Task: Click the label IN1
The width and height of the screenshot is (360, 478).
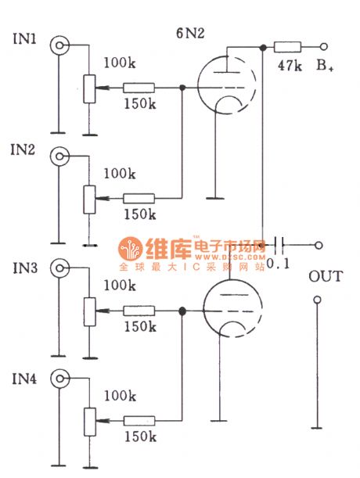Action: click(x=24, y=37)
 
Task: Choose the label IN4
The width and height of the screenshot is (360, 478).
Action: click(x=24, y=380)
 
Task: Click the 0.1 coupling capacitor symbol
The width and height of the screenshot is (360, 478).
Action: click(x=279, y=245)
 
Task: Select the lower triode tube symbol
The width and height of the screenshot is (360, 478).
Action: click(x=228, y=310)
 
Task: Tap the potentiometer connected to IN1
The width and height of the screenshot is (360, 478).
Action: click(x=88, y=88)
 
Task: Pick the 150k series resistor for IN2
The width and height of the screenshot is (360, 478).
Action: click(x=139, y=199)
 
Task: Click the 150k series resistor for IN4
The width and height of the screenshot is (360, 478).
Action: click(x=139, y=421)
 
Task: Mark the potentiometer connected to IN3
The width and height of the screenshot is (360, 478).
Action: click(x=88, y=311)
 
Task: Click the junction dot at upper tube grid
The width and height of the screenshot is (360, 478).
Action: click(x=182, y=88)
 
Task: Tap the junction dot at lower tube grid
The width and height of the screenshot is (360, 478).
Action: click(x=182, y=311)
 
